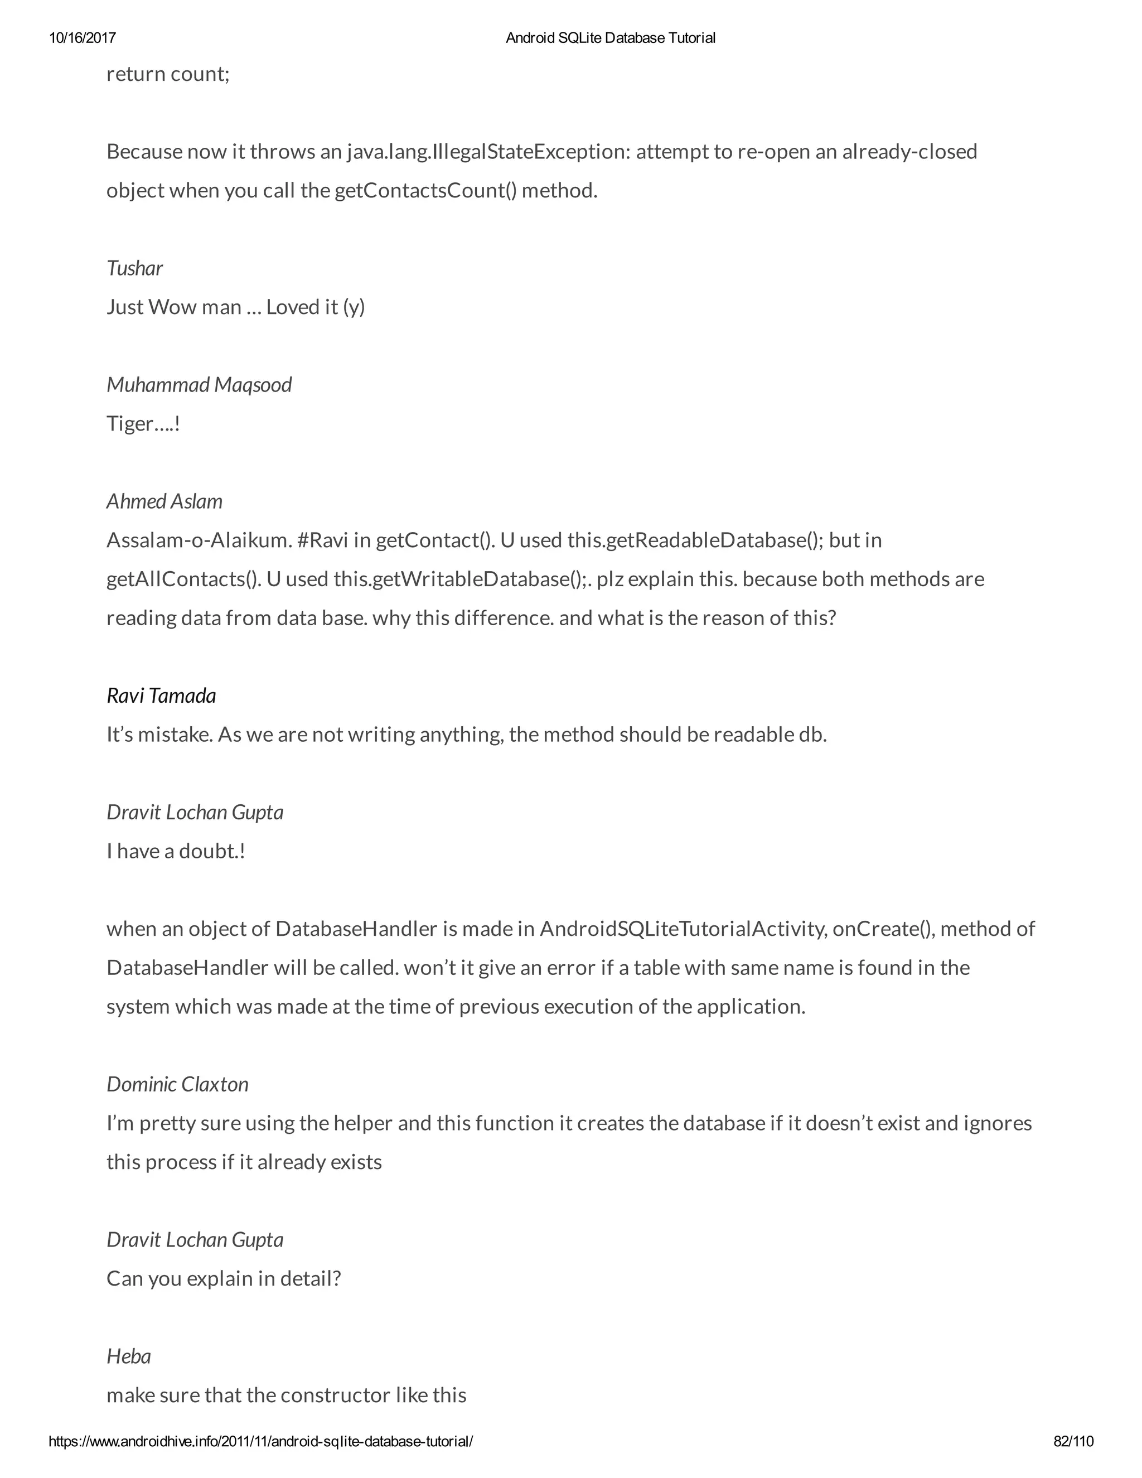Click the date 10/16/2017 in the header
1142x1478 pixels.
pyautogui.click(x=82, y=38)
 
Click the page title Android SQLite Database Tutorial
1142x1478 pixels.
pyautogui.click(x=610, y=38)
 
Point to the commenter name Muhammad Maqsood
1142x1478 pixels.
pyautogui.click(x=199, y=384)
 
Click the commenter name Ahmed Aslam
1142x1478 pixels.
pyautogui.click(x=164, y=501)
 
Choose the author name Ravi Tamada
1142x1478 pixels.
pyautogui.click(x=161, y=695)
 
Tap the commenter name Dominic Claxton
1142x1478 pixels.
pyautogui.click(x=177, y=1084)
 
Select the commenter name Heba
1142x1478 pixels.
pyautogui.click(x=129, y=1356)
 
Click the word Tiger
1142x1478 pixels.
pyautogui.click(x=130, y=424)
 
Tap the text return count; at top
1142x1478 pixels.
pyautogui.click(x=168, y=74)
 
